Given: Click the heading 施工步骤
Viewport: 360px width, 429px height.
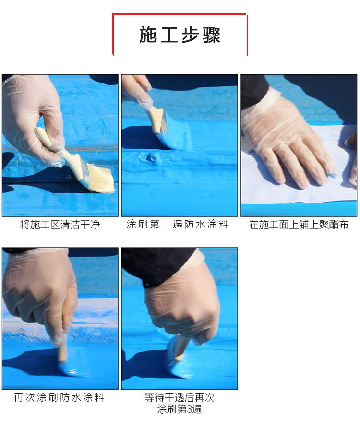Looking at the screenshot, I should coord(180,35).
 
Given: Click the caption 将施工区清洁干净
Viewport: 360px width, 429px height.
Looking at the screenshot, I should coord(60,224).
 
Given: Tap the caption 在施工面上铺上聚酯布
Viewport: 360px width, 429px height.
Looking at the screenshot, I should coord(299,224).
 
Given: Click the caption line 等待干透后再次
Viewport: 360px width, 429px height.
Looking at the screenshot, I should coord(180,397).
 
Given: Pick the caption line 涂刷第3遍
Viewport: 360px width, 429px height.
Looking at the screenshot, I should coord(180,409).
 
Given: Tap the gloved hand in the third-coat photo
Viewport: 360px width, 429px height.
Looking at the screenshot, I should coord(182,302).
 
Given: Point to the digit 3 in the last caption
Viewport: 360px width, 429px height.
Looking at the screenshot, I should coord(191,409).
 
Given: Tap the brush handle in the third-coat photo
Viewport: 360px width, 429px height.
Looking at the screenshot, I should coord(180,346).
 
